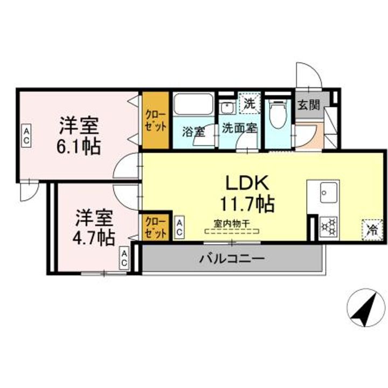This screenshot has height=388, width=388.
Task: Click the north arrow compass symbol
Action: point(366,308)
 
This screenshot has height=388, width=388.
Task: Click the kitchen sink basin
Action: point(329,192)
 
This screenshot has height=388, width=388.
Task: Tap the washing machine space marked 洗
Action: point(250,103)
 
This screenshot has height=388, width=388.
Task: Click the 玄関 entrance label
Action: point(309,105)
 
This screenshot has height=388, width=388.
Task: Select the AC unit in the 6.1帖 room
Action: point(26,136)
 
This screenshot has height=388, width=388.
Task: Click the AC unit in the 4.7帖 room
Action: point(124,258)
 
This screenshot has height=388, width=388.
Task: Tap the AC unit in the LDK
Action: point(179,228)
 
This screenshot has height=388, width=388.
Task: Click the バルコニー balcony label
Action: point(232,259)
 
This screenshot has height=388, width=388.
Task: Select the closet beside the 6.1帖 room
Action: point(155,120)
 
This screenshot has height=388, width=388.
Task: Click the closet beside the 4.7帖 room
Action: point(155,227)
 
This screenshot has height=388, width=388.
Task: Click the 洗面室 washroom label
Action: point(239,128)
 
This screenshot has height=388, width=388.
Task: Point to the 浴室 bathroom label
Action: point(193,131)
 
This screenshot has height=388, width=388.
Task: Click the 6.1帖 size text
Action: point(79,147)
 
